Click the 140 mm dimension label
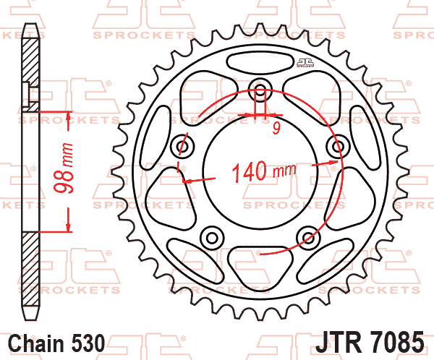[264, 171]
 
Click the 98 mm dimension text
[64, 168]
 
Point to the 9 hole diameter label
[276, 129]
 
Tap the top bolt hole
[260, 90]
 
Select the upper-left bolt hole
[182, 146]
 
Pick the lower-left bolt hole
[212, 238]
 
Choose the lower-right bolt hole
[309, 237]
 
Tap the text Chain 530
[56, 343]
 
